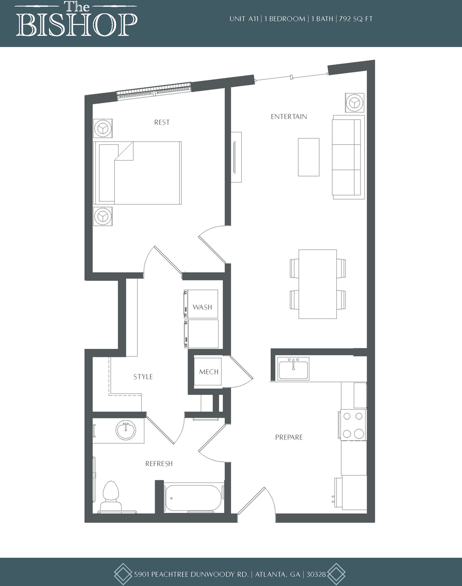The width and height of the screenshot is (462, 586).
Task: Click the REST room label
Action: (162, 122)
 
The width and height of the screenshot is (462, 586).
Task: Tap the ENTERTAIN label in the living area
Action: (289, 117)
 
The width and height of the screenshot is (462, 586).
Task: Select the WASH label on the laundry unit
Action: (202, 307)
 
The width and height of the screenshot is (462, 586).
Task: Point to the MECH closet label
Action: (209, 372)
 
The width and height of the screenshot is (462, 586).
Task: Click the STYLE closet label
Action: (143, 377)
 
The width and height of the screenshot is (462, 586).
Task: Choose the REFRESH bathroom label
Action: (159, 464)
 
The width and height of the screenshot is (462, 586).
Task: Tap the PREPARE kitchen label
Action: (289, 437)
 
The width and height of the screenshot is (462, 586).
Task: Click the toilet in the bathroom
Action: (111, 497)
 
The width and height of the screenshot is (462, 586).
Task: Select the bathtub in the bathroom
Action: (193, 498)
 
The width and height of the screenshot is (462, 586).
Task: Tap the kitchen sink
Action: (293, 368)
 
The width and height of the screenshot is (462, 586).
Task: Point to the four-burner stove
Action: (353, 425)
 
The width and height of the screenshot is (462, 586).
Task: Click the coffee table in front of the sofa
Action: (309, 157)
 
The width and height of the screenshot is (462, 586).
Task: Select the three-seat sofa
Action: (348, 157)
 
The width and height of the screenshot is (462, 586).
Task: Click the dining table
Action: (318, 284)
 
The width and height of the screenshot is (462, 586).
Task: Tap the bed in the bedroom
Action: (137, 173)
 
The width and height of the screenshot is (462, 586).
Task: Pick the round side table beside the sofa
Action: (355, 103)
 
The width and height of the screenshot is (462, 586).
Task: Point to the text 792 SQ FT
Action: (356, 19)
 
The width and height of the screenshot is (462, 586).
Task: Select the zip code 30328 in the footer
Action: (316, 574)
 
